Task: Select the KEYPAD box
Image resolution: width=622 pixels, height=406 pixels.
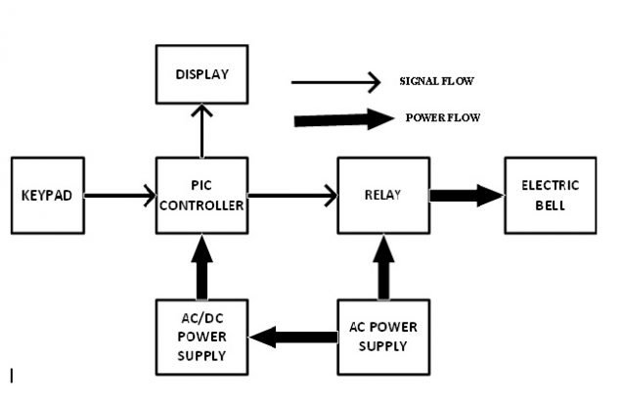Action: click(47, 195)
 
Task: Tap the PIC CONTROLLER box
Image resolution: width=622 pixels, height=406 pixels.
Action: click(201, 195)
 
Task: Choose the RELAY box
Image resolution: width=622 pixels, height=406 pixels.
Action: click(383, 195)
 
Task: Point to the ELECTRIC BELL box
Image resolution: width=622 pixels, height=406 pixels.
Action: click(550, 195)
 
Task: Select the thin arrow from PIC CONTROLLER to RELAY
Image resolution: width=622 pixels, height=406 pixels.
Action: click(291, 196)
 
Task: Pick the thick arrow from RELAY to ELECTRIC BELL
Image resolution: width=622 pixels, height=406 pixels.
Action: click(466, 196)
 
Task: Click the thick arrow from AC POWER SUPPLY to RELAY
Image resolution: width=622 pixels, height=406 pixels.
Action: click(383, 266)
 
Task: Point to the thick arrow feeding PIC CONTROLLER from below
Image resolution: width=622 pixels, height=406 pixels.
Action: click(202, 266)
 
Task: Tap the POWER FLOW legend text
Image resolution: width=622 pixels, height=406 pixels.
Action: click(442, 118)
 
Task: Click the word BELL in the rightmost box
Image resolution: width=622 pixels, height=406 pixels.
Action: click(550, 205)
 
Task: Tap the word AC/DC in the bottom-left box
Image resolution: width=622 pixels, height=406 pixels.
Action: click(201, 319)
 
